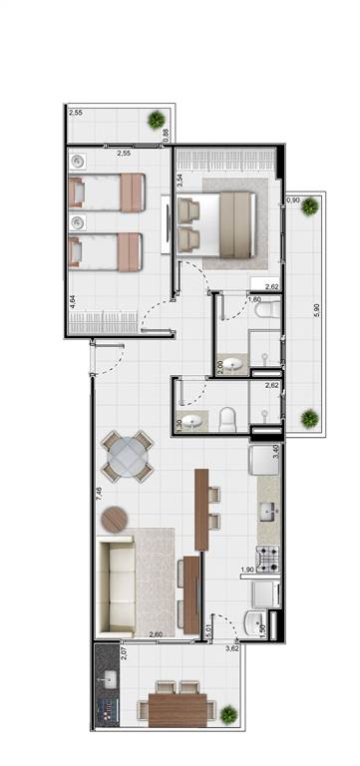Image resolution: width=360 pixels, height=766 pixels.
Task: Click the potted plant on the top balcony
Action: click(x=157, y=120)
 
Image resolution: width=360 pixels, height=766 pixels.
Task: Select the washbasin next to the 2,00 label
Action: click(x=233, y=365)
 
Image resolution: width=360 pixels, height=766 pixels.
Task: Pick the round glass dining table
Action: click(x=129, y=457)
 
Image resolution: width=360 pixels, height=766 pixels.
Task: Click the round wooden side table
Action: click(x=115, y=521)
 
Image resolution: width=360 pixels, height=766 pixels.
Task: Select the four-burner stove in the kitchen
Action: click(x=267, y=560)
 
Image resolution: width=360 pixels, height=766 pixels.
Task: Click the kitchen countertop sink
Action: click(x=267, y=513)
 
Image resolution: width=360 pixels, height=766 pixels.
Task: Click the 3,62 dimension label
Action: click(x=232, y=649)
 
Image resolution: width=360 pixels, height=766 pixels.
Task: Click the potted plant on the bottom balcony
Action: click(x=229, y=714)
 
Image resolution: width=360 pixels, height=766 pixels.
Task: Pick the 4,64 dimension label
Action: click(x=73, y=300)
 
